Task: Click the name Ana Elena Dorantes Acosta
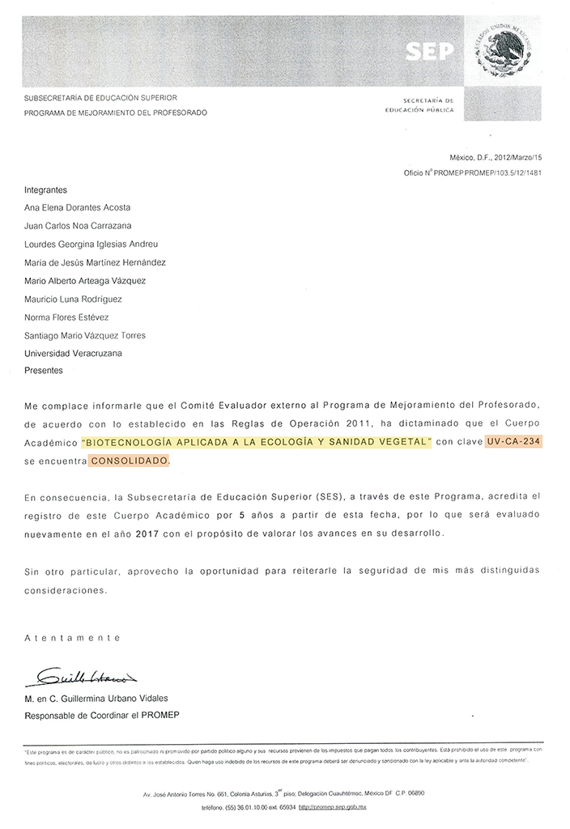tap(78, 207)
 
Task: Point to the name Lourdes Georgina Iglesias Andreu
tap(91, 244)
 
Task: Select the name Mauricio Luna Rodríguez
tap(78, 299)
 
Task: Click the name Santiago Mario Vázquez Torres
tap(85, 335)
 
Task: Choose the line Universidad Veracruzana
tap(74, 353)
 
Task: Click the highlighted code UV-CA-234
tap(513, 442)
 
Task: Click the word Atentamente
tap(66, 638)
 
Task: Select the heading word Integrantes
tap(46, 189)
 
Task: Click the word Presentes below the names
tap(44, 371)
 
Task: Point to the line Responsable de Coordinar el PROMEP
tap(102, 715)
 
